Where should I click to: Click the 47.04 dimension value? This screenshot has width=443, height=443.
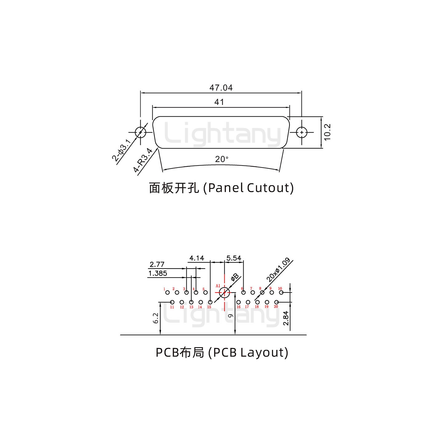click(221, 88)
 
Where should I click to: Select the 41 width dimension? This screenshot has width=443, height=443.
click(219, 102)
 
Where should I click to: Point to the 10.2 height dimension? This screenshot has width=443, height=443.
click(327, 132)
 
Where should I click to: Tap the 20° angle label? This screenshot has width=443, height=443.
click(222, 159)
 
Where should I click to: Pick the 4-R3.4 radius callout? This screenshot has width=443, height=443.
click(143, 160)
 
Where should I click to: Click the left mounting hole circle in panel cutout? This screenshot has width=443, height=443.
click(140, 133)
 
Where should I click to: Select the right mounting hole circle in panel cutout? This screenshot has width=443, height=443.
click(302, 133)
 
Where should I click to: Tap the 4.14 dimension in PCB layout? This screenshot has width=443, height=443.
click(197, 258)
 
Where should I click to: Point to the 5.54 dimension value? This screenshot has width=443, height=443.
click(233, 258)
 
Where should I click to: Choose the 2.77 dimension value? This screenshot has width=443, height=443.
click(157, 264)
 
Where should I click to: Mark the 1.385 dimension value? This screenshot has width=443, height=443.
click(158, 273)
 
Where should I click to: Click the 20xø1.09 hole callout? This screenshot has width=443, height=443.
click(278, 270)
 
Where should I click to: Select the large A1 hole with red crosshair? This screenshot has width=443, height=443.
click(225, 293)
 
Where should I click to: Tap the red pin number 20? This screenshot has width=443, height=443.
click(276, 306)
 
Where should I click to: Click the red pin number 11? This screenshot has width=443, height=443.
click(172, 307)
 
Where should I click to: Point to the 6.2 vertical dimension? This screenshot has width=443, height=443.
click(156, 318)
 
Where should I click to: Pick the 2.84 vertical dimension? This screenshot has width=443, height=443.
click(286, 318)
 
